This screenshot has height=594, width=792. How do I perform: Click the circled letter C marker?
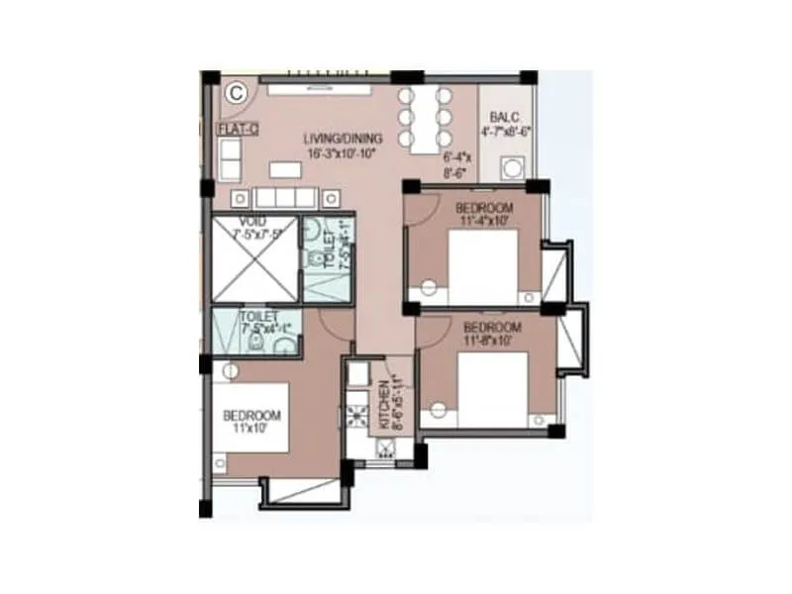(236, 93)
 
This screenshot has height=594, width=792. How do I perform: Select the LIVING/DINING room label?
(335, 140)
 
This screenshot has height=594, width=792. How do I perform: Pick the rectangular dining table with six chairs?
(424, 118)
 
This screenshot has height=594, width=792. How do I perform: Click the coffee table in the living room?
(284, 169)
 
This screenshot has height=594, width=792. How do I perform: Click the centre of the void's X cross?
(254, 256)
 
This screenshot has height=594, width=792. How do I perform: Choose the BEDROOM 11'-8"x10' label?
(492, 335)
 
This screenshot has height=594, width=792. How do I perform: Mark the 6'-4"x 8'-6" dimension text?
(457, 163)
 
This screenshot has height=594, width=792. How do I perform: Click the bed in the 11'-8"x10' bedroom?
(491, 391)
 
